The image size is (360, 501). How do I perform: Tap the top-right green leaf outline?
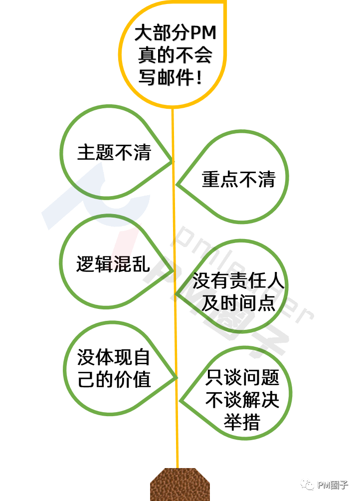pyautogui.click(x=241, y=177)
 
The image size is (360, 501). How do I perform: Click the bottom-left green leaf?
pyautogui.click(x=111, y=368)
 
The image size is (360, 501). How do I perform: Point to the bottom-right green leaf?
pyautogui.click(x=244, y=393)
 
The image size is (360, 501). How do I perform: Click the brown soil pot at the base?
pyautogui.click(x=180, y=485)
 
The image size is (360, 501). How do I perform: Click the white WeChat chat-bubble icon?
pyautogui.click(x=307, y=484)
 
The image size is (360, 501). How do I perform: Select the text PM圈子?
pyautogui.click(x=333, y=485)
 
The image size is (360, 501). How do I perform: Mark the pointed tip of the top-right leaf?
pyautogui.click(x=177, y=185)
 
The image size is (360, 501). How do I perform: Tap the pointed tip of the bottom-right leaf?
pyautogui.click(x=180, y=401)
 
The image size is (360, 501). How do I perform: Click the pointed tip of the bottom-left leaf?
pyautogui.click(x=177, y=378)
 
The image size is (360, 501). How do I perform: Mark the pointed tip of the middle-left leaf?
pyautogui.click(x=173, y=271)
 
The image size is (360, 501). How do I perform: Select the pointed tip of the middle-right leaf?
pyautogui.click(x=177, y=294)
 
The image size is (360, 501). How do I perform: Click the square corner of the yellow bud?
pyautogui.click(x=225, y=2)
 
